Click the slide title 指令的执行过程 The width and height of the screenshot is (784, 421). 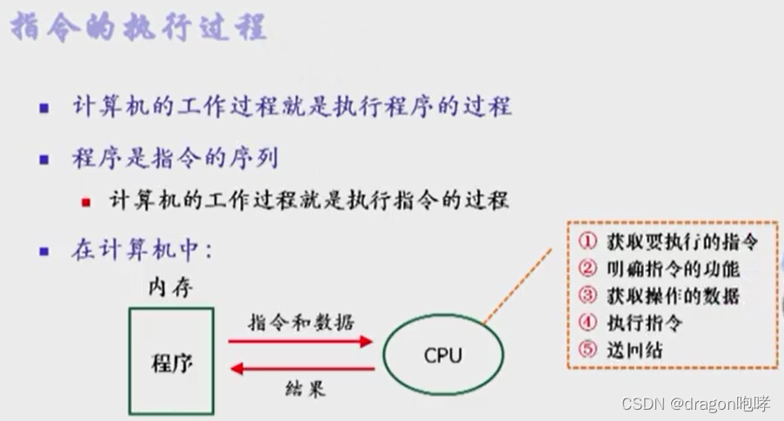(138, 29)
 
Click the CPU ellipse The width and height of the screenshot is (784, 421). (442, 355)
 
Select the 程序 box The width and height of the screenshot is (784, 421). (171, 359)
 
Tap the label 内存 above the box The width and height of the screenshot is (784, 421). (171, 287)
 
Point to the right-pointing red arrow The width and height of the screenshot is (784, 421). (300, 341)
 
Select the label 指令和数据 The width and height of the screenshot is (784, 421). (301, 322)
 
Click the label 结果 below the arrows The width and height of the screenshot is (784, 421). (304, 389)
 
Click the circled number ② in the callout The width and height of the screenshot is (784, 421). (588, 267)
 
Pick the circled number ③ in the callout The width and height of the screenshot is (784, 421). (588, 295)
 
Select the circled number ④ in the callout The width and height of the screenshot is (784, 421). (588, 322)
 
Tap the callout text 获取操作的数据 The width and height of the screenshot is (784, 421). (672, 295)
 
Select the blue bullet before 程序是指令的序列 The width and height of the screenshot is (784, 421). (44, 161)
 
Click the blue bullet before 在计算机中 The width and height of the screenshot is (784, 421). (44, 253)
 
